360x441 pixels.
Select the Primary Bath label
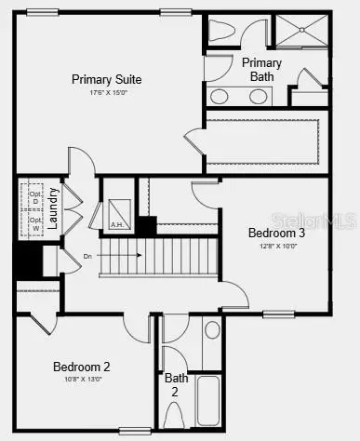click(261, 69)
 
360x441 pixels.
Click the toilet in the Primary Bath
click(220, 31)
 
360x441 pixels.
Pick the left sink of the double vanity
click(221, 96)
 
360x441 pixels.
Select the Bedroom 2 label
click(81, 366)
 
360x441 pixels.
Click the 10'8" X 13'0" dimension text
click(81, 380)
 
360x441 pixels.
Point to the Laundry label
click(54, 209)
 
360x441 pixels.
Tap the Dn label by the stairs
click(87, 255)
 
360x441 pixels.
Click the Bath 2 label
click(177, 385)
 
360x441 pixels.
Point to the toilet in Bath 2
click(212, 330)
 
